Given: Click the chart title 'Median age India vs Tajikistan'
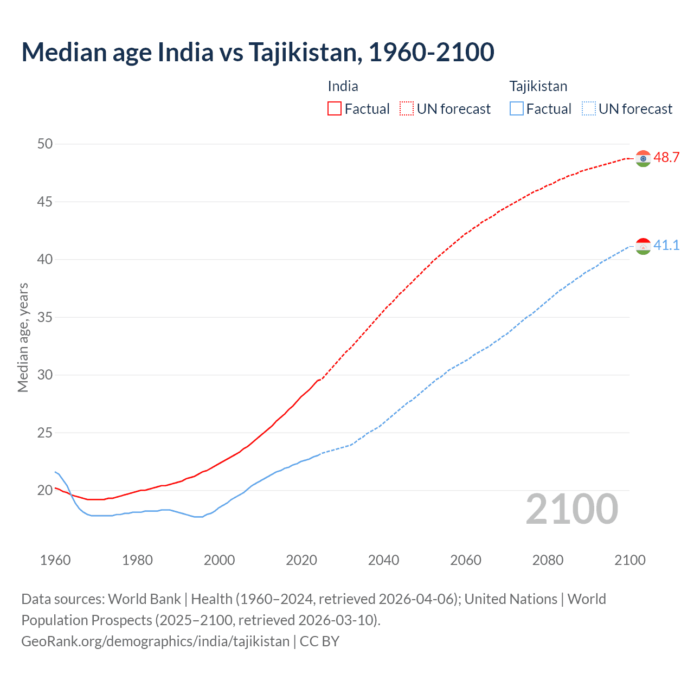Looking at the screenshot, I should pos(258,52).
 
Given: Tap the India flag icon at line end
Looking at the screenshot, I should pos(643,158).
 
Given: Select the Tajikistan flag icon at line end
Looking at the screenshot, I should pos(643,246).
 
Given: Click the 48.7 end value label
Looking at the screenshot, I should pos(666,158).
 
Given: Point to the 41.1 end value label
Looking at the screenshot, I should pos(666,246).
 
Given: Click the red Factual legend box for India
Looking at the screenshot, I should pos(335,109).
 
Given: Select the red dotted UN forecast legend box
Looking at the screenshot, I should pos(407,109).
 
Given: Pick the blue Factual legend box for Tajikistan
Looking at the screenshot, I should pos(517,109).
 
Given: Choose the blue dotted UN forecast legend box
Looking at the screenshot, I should pos(589,109).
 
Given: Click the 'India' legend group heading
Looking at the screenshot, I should pos(343,86).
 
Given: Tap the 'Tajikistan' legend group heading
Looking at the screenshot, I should pos(538,86).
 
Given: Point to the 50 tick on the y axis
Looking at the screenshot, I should pos(45,144).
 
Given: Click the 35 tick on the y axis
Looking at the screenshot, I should pos(45,317).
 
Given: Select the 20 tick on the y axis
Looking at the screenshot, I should pos(45,490).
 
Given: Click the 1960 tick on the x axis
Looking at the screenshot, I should pos(55,560).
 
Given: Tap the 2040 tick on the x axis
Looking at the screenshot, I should pos(383,560).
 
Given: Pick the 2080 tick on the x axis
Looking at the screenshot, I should pos(548,560).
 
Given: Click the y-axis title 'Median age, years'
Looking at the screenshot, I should pos(23,337).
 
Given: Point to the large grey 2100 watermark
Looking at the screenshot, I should pos(572,509).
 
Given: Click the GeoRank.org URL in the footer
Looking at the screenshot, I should pos(156,641).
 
